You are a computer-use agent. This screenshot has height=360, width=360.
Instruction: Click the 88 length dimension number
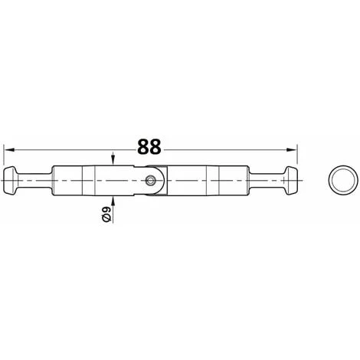149,146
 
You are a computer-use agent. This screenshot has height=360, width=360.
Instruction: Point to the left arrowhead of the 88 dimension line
9,149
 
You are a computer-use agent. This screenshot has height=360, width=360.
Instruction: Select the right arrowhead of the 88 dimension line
291,149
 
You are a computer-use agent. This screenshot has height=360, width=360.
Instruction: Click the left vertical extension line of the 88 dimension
4,154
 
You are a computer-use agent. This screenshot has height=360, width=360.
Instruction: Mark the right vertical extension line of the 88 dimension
297,154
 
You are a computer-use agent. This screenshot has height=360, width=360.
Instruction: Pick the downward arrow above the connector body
113,159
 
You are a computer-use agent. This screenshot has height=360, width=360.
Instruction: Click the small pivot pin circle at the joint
150,181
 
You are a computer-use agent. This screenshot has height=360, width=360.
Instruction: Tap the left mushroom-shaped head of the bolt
10,180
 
